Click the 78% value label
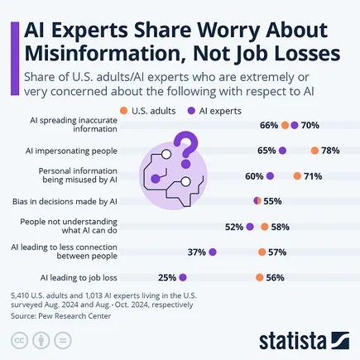pos(331,151)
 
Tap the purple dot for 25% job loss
pos(183,278)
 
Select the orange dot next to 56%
pos(260,278)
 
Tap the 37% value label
pos(197,252)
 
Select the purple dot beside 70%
pos(295,126)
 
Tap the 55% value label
pos(272,201)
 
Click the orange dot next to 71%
pos(296,176)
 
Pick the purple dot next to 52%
pos(250,227)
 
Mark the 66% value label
pos(268,126)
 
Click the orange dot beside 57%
pos(262,252)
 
